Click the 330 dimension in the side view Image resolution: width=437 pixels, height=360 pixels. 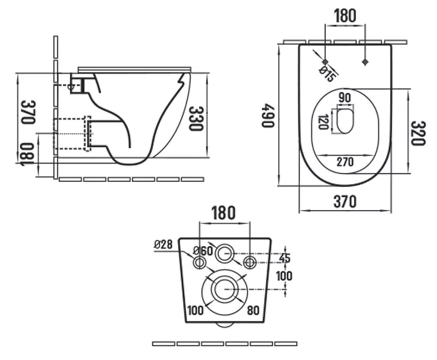195,119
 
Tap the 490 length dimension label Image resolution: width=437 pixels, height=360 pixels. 269,115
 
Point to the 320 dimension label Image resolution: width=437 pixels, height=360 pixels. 417,133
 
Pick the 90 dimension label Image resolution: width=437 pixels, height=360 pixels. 345,98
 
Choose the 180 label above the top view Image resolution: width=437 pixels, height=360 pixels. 345,15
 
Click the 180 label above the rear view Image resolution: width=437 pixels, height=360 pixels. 224,213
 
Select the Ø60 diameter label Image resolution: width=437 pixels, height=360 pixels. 202,251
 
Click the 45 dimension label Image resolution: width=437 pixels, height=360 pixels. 285,258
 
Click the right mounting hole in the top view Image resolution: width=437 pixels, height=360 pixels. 366,61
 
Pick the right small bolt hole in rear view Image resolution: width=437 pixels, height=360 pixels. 250,262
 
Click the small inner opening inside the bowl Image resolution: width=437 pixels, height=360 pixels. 345,121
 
